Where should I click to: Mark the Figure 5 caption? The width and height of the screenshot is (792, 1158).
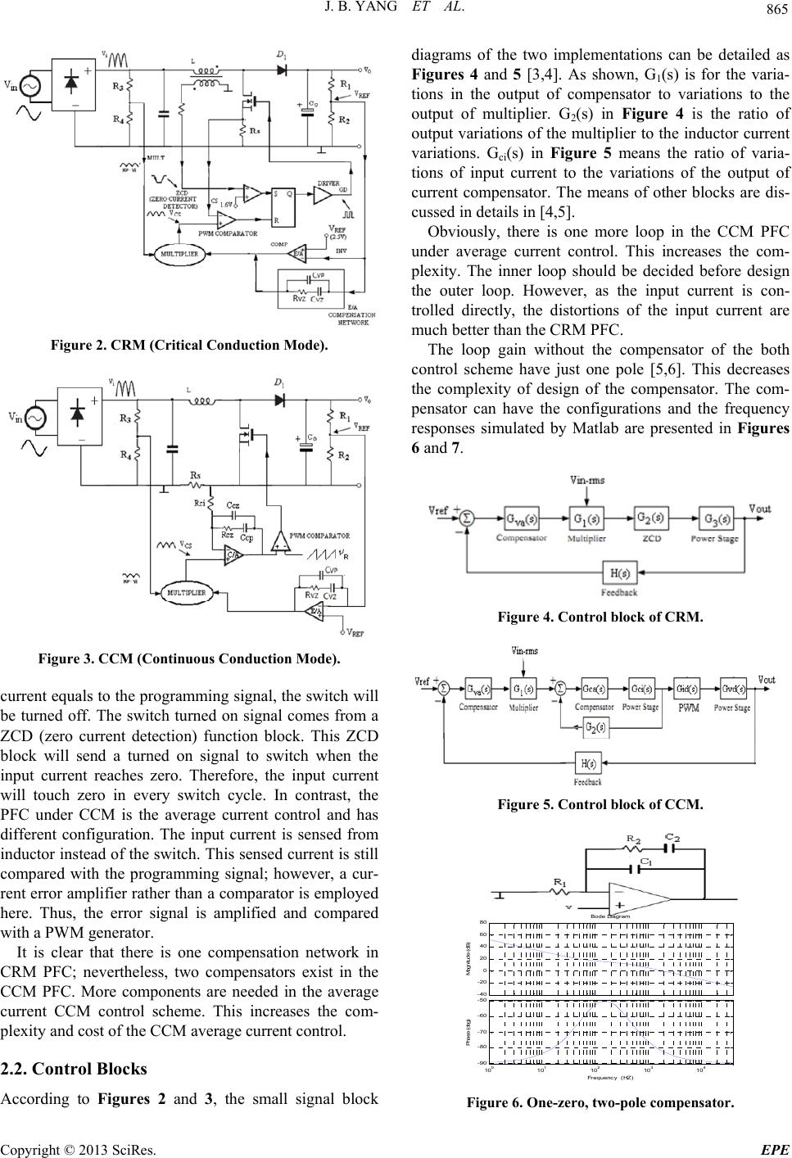click(600, 804)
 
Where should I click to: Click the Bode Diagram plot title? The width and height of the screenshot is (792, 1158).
click(610, 916)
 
